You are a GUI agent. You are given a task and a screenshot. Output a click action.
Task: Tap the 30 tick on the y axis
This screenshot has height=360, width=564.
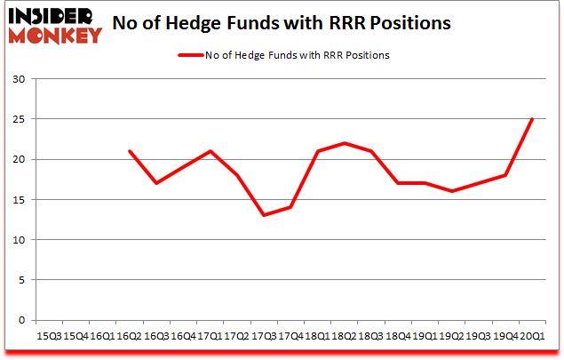coord(20,79)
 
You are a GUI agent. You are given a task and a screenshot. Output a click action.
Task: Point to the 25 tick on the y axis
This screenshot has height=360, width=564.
coord(20,119)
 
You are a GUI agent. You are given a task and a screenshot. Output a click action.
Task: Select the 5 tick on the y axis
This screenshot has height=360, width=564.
coord(22,280)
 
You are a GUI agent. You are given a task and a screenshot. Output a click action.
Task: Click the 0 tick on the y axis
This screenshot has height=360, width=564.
coord(22,320)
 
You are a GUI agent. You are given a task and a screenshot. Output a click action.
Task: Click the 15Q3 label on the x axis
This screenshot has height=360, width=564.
coord(48,336)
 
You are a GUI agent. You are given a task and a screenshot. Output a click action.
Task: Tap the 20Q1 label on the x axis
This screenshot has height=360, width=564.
coord(532,336)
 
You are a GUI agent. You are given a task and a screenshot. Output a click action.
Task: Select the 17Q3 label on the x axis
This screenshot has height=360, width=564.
coord(263,336)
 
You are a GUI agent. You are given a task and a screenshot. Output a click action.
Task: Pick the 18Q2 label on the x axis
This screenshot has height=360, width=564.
coord(344,336)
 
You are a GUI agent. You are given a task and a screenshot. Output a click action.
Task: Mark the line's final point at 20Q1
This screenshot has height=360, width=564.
coord(532,119)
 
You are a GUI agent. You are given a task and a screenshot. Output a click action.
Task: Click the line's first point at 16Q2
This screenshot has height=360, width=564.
coord(129,151)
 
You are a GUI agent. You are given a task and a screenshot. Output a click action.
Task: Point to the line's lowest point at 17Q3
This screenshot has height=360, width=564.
coord(263,215)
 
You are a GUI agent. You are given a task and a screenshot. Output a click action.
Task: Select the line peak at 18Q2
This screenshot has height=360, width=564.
coord(344,143)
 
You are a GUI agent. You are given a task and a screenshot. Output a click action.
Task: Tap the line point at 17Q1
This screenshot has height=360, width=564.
coord(210,151)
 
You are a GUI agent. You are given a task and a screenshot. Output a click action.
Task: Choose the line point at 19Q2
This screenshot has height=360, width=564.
coord(451,191)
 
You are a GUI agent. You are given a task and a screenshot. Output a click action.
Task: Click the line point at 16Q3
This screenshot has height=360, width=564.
coord(155,183)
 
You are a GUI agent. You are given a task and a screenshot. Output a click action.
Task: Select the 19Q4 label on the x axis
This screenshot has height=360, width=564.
coord(505,336)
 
